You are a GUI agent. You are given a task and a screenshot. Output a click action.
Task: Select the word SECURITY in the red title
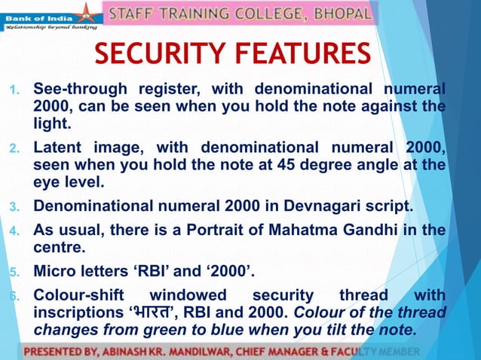pos(164,54)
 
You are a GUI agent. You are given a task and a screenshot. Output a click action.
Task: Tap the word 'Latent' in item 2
pos(59,146)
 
